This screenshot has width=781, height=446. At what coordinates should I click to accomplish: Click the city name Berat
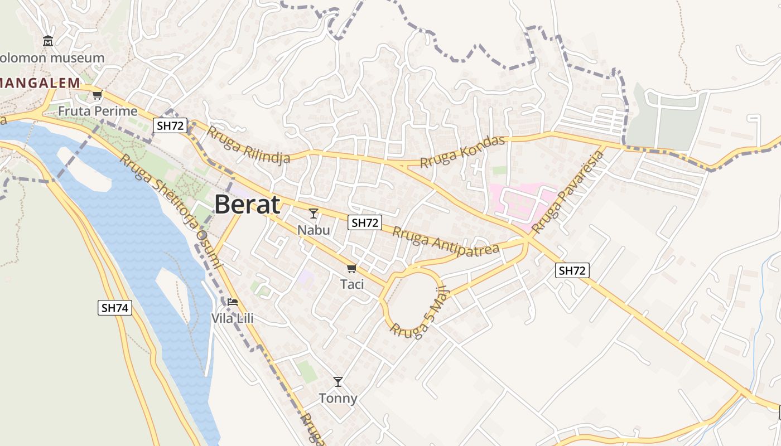[x=247, y=205]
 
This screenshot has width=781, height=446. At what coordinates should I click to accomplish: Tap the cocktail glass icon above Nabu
[x=314, y=214]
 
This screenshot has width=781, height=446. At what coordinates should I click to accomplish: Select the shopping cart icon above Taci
[x=351, y=268]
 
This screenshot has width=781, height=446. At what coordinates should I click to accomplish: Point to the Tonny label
[x=338, y=398]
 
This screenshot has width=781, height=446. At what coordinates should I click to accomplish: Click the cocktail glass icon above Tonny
[x=338, y=382]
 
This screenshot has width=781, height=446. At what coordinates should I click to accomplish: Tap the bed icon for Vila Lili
[x=233, y=302]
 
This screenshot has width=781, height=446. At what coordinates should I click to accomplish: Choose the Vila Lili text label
[x=232, y=318]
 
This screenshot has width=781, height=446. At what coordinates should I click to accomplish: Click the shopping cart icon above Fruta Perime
[x=98, y=95]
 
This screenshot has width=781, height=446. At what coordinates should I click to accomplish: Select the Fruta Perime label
[x=98, y=111]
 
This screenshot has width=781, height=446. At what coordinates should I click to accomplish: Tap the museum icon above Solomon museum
[x=48, y=41]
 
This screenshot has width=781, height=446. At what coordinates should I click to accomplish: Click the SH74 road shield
[x=115, y=307]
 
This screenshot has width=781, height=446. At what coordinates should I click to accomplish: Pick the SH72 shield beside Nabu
[x=365, y=222]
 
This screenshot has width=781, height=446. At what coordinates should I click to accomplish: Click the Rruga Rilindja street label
[x=249, y=145]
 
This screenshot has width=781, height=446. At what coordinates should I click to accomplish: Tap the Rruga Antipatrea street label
[x=446, y=241]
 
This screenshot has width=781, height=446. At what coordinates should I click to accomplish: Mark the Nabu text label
[x=314, y=230]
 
